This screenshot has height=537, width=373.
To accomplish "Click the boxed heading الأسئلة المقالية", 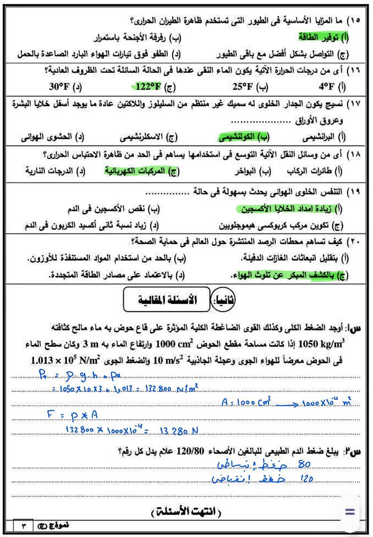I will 167,299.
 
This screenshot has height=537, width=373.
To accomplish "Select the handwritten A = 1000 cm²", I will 246,402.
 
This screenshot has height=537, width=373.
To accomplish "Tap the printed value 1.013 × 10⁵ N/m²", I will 66,360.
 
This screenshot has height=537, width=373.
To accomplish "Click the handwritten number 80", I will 304,465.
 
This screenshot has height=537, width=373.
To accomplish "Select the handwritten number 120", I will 306,480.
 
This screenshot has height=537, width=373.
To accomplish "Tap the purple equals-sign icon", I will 350,512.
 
